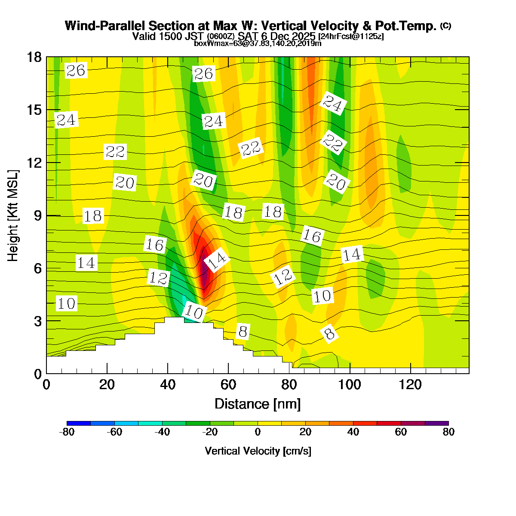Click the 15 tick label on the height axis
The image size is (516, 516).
pos(34,110)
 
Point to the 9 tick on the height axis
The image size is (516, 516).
pos(46,215)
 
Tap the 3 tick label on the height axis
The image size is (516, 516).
pos(37,321)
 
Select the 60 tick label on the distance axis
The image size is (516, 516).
pos(228,384)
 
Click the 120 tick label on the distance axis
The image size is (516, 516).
pos(411,384)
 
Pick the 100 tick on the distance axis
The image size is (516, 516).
pos(350,373)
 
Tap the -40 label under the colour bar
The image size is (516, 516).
pos(162,433)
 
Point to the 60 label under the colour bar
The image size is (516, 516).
pos(401,433)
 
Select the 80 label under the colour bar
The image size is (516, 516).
pos(448,433)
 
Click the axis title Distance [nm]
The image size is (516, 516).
pos(257,404)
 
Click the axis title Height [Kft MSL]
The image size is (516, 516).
pos(13,215)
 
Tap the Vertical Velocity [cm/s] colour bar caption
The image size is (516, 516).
pos(258,451)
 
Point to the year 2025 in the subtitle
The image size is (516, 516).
pos(305,36)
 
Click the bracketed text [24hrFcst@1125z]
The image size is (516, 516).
pos(351,37)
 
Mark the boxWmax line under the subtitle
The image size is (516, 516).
pos(258,43)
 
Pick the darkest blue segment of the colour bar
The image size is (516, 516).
pos(79,423)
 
